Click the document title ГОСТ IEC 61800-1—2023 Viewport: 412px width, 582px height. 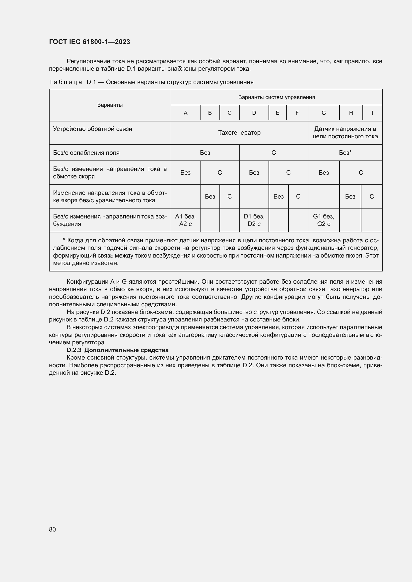pyautogui.click(x=89, y=42)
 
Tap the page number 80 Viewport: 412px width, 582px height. pyautogui.click(x=53, y=529)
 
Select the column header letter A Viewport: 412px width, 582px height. pyautogui.click(x=186, y=113)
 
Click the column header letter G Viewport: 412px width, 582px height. pyautogui.click(x=324, y=113)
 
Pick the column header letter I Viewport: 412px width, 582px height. pyautogui.click(x=372, y=113)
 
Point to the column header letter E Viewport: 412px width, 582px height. pyautogui.click(x=277, y=113)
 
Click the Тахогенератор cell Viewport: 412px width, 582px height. pyautogui.click(x=239, y=133)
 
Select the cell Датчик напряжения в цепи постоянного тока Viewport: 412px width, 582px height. pyautogui.click(x=345, y=133)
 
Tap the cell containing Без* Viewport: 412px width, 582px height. pyautogui.click(x=345, y=153)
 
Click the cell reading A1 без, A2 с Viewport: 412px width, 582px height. pyautogui.click(x=186, y=220)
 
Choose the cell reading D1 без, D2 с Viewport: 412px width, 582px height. pyautogui.click(x=254, y=220)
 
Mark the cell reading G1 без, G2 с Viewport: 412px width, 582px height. pyautogui.click(x=324, y=220)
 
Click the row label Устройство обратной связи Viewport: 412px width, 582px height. pyautogui.click(x=93, y=129)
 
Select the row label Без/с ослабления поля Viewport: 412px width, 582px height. pyautogui.click(x=86, y=153)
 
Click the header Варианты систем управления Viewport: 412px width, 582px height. pyautogui.click(x=276, y=97)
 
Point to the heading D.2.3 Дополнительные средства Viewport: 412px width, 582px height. pyautogui.click(x=118, y=350)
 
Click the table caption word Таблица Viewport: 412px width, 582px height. pyautogui.click(x=66, y=82)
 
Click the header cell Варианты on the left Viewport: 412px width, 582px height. pyautogui.click(x=110, y=105)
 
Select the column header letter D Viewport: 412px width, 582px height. pyautogui.click(x=254, y=113)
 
